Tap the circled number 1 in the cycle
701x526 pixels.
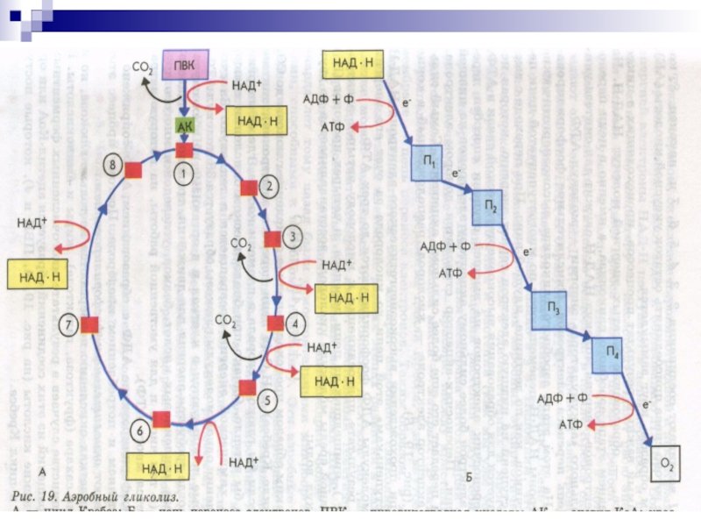183,174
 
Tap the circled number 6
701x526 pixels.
139,430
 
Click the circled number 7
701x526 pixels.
67,325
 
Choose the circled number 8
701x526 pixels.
110,165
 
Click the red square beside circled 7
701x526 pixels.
90,325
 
